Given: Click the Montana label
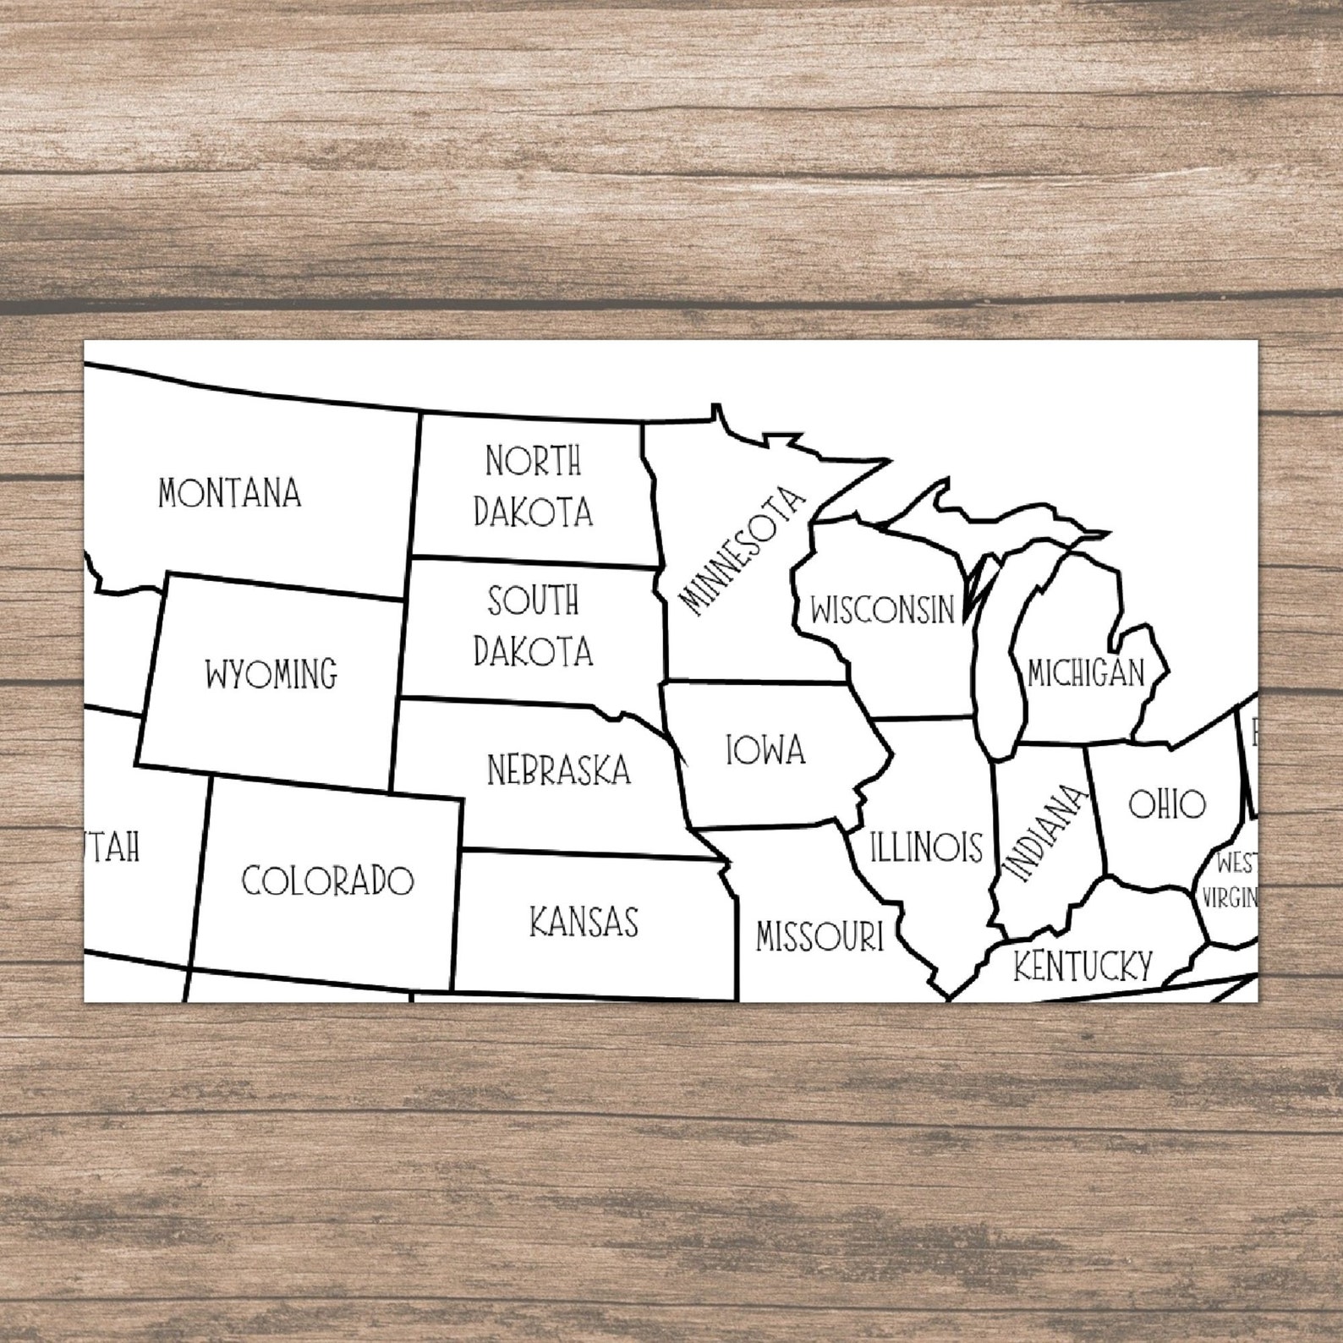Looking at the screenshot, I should [229, 493].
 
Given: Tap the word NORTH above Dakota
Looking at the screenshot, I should [533, 462].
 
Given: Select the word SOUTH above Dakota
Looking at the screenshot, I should [533, 600].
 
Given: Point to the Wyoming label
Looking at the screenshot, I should [271, 675].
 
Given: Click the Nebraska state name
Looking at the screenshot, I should [559, 770].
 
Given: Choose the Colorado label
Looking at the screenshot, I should [327, 880].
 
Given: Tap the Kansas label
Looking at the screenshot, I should [584, 922].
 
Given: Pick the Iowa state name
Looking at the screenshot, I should [765, 750].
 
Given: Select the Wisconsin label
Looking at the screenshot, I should [882, 609].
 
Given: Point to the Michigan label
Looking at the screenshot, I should [1086, 673].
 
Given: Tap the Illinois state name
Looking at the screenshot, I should [926, 847].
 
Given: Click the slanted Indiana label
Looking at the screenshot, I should [1043, 834].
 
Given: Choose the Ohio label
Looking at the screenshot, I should [1167, 804].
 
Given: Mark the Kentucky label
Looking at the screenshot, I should [1083, 965].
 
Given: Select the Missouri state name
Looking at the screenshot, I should [819, 936].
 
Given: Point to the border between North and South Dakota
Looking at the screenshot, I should [533, 562].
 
